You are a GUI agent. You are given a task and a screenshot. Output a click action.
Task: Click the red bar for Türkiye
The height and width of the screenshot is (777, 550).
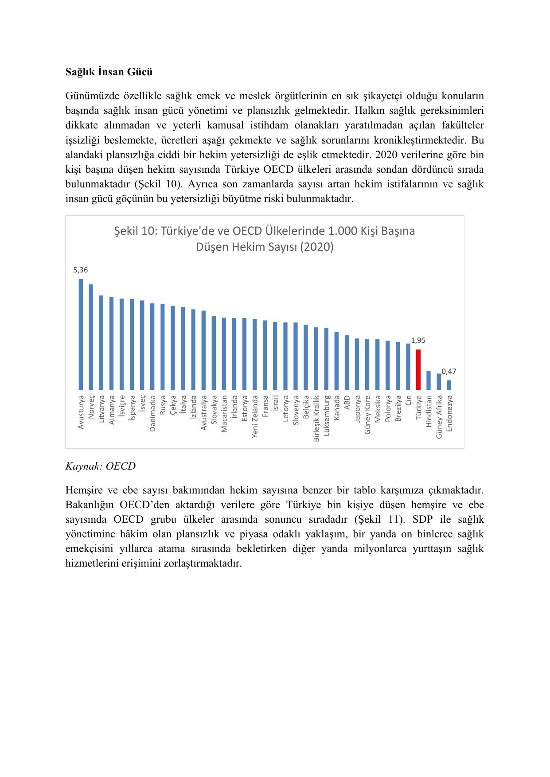418,369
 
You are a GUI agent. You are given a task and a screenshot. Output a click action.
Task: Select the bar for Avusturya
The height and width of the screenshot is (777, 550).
81,334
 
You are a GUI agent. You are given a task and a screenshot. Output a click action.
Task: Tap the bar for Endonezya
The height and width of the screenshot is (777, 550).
449,385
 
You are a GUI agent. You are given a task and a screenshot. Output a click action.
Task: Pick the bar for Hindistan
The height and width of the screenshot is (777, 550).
429,380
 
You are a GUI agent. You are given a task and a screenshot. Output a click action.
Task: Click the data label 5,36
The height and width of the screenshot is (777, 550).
81,270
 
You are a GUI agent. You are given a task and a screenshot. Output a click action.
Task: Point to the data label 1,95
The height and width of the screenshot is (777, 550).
418,340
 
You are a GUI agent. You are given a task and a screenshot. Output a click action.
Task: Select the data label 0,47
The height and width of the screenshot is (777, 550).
449,371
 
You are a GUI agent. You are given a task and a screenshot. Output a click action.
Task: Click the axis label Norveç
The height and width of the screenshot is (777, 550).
91,407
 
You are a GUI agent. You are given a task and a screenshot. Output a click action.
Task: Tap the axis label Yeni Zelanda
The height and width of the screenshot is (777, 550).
255,417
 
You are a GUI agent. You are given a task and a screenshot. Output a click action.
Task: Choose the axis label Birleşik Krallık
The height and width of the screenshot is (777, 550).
316,419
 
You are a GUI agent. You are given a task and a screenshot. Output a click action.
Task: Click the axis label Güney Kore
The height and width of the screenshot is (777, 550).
367,415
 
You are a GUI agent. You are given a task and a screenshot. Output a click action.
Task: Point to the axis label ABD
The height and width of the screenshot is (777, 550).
347,402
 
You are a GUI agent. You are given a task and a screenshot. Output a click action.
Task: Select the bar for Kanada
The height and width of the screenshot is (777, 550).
336,361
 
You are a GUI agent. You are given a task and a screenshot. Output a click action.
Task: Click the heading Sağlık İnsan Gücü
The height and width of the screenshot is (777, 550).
109,72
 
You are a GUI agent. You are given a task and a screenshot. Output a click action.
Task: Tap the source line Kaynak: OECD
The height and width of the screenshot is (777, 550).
101,466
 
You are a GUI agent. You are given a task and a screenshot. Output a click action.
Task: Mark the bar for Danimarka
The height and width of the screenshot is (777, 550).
152,346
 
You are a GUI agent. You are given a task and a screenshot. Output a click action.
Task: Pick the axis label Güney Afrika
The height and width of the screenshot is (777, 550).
439,417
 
